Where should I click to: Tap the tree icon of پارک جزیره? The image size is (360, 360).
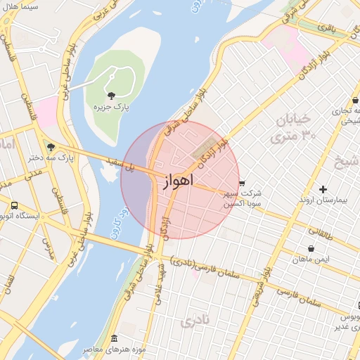[x=110, y=94]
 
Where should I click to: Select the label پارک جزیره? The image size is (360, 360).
[x=110, y=106]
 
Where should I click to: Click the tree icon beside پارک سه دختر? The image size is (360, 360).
[x=50, y=147]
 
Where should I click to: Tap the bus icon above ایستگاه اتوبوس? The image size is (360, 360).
[x=14, y=205]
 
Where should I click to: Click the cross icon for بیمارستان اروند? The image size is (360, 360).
[x=323, y=189]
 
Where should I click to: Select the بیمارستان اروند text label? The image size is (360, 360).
[x=323, y=200]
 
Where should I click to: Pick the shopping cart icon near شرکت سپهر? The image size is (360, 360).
[x=243, y=183]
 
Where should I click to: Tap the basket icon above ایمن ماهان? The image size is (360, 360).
[x=311, y=248]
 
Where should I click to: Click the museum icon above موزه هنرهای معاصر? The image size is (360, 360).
[x=115, y=339]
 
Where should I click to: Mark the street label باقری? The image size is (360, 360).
[x=327, y=28]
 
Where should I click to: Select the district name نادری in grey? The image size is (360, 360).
[x=195, y=323]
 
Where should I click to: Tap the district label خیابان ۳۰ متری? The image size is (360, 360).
[x=288, y=127]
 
